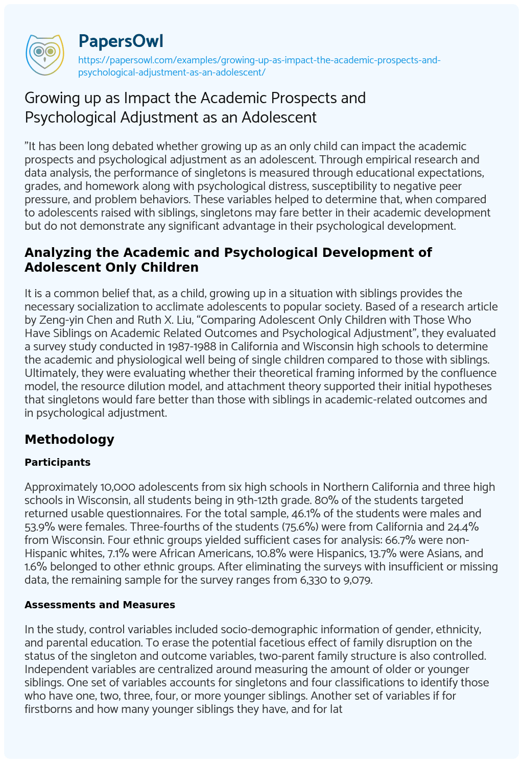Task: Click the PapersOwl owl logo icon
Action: click(x=44, y=52)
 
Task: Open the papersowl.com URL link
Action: click(x=259, y=66)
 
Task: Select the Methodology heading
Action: click(x=69, y=439)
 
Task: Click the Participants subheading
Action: click(x=58, y=462)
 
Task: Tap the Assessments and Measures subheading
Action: click(x=100, y=605)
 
